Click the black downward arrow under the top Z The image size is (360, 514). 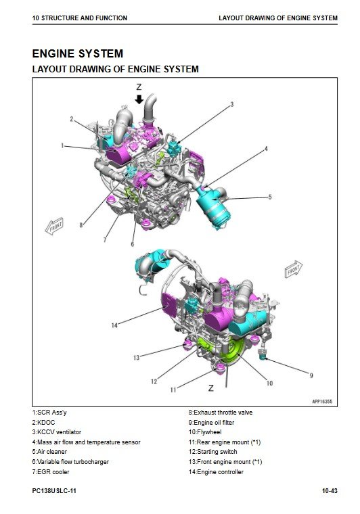pos(139,99)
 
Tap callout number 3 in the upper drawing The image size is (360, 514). pos(232,104)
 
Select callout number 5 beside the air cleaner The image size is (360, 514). pos(270,197)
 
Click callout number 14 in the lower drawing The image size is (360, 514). pos(114,325)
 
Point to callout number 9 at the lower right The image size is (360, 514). pos(311,375)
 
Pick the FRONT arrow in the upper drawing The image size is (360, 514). pos(54,226)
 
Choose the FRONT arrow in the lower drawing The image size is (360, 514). pos(293,269)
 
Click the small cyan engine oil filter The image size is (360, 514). pos(263,354)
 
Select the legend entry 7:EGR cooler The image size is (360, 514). pos(51,471)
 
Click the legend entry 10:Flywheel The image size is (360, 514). pos(205,432)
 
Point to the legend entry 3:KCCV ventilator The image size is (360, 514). pos(57,432)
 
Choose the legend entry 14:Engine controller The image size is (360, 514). pos(216,471)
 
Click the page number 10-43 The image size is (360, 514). pos(330,491)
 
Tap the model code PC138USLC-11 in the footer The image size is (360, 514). pos(54,491)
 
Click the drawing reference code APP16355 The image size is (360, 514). pos(322,401)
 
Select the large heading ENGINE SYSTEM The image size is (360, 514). pos(78,53)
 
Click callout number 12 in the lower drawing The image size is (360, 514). pos(154,381)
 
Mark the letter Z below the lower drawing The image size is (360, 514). pos(211,388)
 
